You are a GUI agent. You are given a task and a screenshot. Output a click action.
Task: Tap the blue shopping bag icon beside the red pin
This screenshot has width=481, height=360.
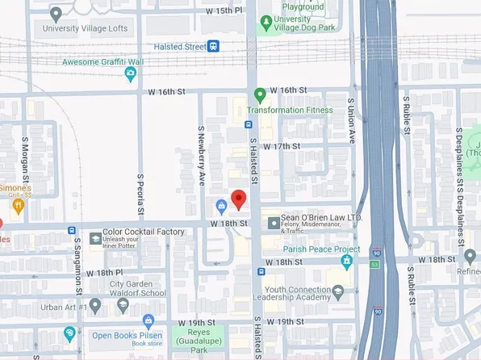[x=220, y=204]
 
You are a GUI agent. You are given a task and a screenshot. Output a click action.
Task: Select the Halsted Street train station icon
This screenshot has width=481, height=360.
[x=213, y=47]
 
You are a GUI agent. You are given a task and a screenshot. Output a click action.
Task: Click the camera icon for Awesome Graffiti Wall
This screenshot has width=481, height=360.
[x=131, y=74]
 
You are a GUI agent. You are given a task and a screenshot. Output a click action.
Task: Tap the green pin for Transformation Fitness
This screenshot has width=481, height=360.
[x=260, y=94]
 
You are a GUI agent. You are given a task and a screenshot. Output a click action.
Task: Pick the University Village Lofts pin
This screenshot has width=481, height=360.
[x=56, y=14]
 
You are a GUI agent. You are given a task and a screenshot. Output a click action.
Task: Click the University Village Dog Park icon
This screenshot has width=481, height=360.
[x=264, y=24]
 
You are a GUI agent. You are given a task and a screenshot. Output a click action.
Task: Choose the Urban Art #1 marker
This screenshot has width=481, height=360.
[x=95, y=306]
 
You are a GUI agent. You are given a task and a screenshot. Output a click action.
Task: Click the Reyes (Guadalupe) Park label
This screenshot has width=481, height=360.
[x=194, y=338]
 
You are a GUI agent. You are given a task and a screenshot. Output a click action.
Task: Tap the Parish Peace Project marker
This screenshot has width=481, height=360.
[x=347, y=261]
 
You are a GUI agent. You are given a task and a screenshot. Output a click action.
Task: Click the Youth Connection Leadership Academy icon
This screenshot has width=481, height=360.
[x=338, y=291]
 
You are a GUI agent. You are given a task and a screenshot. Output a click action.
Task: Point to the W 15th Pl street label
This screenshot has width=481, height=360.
[x=224, y=11]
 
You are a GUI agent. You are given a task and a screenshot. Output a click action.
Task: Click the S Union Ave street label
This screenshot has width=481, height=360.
[x=351, y=120]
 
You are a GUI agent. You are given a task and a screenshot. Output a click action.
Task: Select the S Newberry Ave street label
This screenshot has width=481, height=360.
[x=201, y=156]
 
